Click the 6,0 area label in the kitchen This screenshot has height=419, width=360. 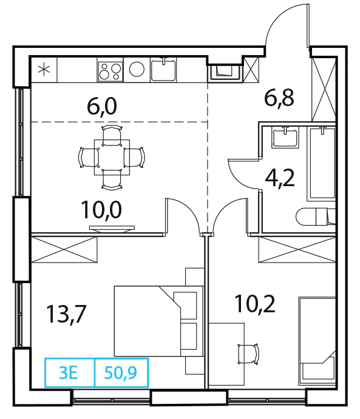point(102,106)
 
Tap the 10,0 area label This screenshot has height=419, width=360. point(101,210)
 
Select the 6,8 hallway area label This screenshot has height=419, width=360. point(279,98)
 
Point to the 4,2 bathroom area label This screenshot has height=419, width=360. point(280,178)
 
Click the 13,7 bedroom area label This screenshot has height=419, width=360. point(66,314)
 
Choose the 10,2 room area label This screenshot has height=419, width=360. point(254,304)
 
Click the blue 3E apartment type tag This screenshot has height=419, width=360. point(69,373)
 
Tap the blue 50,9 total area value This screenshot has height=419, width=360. point(120,373)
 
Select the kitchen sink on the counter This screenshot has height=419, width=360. point(163,70)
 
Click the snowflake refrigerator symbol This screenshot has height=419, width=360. point(44,70)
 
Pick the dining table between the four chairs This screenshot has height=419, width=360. point(112,157)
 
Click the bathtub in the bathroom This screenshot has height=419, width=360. point(322,164)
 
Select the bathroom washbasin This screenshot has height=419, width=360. point(285,137)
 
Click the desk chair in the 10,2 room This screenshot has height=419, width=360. point(249,354)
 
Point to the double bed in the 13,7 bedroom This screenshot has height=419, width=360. point(159,321)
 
